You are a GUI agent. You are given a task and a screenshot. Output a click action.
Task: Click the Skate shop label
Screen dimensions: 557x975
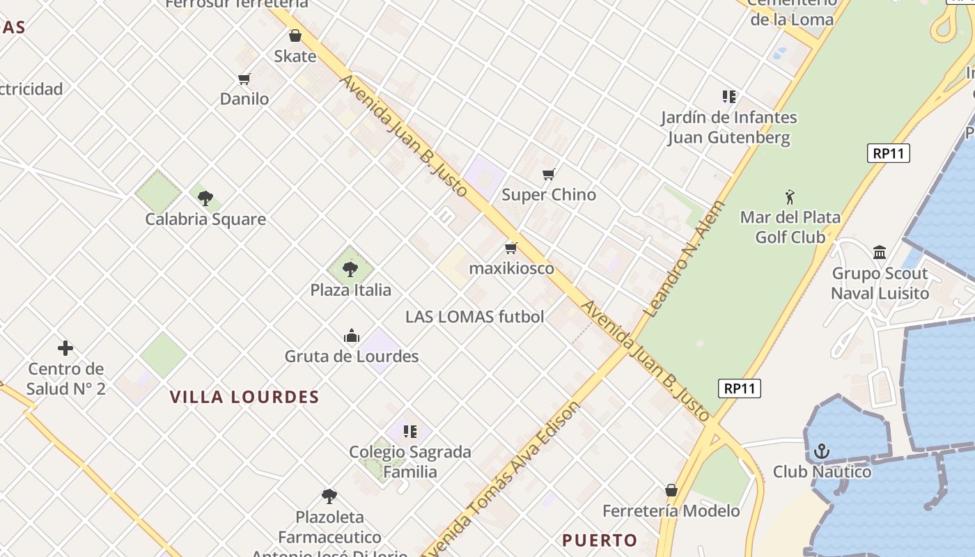click(x=295, y=56)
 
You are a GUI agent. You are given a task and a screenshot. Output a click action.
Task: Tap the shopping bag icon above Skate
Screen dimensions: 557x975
click(x=295, y=36)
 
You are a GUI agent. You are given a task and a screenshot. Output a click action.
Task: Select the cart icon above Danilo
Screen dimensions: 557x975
click(x=244, y=79)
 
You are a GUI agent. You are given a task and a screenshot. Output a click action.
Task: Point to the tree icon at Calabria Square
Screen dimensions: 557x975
click(x=205, y=198)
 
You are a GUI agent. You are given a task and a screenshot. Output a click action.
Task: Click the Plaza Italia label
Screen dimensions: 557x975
click(x=350, y=290)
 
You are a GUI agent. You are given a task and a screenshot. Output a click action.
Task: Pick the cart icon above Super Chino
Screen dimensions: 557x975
click(x=549, y=174)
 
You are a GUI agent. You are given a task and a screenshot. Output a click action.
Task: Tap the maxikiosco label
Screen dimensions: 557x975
click(x=511, y=268)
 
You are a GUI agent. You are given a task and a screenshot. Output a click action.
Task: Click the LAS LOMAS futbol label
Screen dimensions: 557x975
click(x=474, y=317)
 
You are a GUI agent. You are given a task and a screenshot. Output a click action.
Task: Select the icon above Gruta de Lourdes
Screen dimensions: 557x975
click(x=352, y=337)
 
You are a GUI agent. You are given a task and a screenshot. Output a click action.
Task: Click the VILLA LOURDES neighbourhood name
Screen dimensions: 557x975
click(x=244, y=398)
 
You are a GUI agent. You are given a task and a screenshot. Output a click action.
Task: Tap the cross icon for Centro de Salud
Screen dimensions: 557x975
click(x=65, y=348)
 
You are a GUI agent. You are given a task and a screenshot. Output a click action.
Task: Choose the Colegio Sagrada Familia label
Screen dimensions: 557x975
click(x=409, y=461)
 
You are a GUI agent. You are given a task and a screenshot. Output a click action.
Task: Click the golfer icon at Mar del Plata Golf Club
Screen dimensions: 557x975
click(x=790, y=197)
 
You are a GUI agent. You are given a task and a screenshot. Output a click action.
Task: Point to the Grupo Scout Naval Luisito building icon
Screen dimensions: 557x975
click(x=880, y=252)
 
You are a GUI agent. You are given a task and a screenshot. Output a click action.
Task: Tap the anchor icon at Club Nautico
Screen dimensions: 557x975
click(x=822, y=451)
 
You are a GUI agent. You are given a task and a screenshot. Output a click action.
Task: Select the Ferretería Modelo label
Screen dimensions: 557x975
click(x=671, y=510)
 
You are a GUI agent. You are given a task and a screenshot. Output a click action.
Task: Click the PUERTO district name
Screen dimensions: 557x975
click(x=600, y=540)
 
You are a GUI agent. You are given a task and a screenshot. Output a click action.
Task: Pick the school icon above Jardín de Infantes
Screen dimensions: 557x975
click(x=728, y=97)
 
